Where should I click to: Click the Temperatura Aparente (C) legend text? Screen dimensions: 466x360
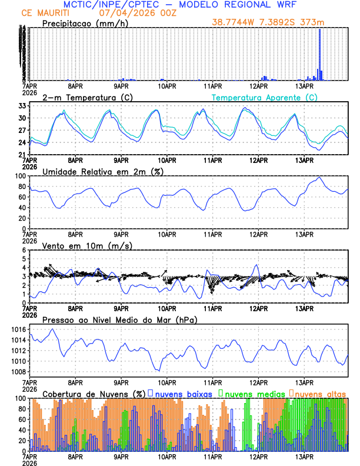click(265, 97)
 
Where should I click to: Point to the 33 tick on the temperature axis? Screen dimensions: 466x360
click(22, 106)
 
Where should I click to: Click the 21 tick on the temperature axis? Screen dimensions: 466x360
click(22, 155)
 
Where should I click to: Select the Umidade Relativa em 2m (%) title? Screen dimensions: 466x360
click(102, 171)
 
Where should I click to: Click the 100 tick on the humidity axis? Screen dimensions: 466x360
click(19, 176)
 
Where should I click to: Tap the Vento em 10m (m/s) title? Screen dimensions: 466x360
click(87, 245)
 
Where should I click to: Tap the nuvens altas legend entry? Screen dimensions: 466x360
click(319, 393)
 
